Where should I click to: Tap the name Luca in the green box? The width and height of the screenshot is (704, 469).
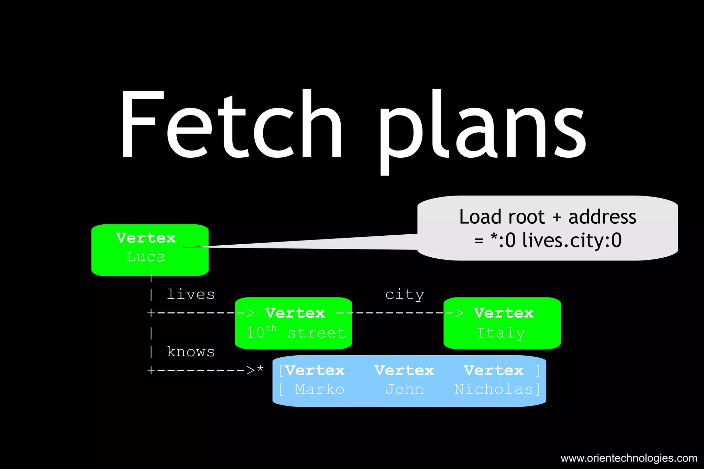tap(146, 257)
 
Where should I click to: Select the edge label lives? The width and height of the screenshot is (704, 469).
tap(191, 294)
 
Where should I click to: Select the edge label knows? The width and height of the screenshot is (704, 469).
tap(191, 352)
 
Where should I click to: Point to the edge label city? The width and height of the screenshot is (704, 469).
tap(405, 295)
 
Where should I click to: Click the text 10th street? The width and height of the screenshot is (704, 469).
tap(296, 333)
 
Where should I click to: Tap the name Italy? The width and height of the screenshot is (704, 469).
tap(501, 333)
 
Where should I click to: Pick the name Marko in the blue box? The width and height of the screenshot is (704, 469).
tap(319, 389)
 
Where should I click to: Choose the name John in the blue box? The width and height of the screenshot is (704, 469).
tap(404, 389)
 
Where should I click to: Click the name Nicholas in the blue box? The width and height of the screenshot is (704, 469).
tap(494, 389)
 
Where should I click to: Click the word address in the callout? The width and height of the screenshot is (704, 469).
tap(602, 217)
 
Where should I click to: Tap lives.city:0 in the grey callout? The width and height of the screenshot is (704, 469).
tap(572, 240)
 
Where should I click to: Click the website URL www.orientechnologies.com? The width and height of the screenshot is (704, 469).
tap(629, 458)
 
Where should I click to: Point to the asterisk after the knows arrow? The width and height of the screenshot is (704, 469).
tap(260, 369)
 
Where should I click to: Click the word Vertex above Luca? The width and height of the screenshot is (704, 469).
tap(146, 238)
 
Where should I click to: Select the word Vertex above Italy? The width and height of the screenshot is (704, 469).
tap(504, 313)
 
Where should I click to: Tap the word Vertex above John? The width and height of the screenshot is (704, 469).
tap(404, 370)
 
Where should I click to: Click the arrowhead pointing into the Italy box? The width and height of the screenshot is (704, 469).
tap(459, 313)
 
